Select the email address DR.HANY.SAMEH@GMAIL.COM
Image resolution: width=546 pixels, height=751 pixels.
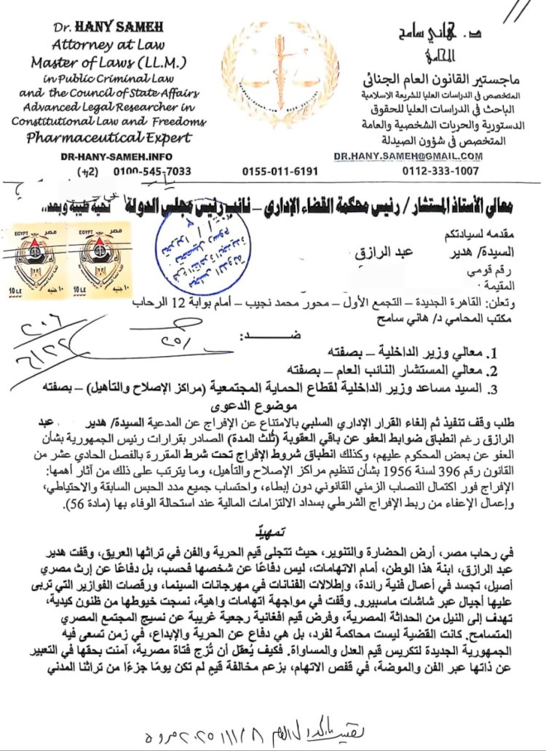pyautogui.click(x=408, y=156)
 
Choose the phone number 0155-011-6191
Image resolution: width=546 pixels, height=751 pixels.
pyautogui.click(x=280, y=172)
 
